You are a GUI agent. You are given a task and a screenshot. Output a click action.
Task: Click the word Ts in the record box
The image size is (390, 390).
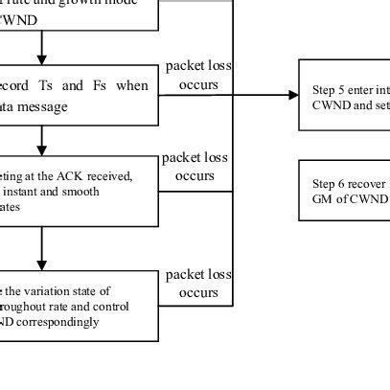point(60,86)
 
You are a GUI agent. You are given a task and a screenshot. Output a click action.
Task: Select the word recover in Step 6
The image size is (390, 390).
point(367,182)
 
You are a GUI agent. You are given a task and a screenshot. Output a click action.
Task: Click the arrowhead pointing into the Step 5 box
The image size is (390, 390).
point(293,95)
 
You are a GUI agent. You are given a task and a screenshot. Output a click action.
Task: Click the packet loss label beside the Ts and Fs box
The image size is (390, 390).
point(198,75)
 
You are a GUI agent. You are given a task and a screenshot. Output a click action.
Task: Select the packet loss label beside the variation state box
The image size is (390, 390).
point(198,284)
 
